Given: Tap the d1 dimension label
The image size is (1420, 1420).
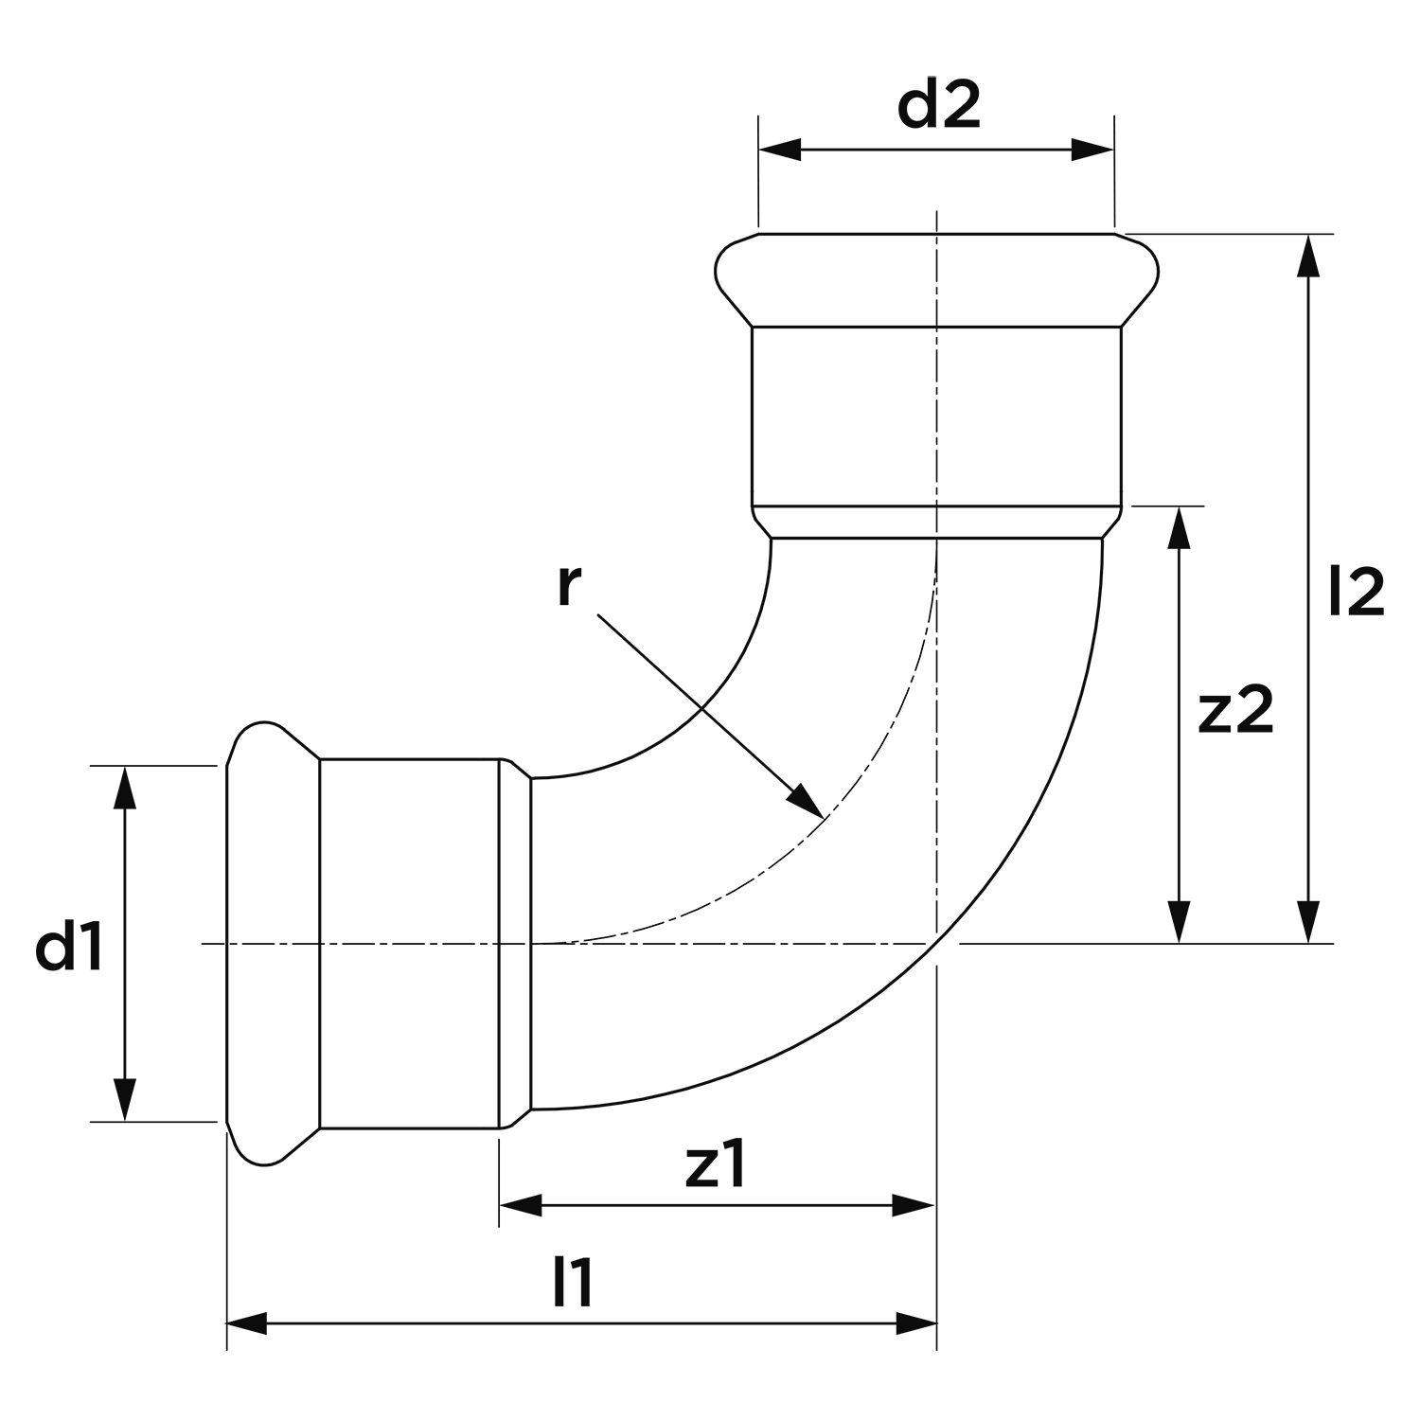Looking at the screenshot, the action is [70, 950].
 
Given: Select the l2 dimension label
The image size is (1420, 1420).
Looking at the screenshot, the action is [1357, 593].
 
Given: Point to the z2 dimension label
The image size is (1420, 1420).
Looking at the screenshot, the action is [1235, 712].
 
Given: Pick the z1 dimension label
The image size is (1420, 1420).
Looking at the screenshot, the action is [717, 1167].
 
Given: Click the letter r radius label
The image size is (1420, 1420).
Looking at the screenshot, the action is [567, 587].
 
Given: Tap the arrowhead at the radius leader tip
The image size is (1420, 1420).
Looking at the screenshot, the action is [808, 800].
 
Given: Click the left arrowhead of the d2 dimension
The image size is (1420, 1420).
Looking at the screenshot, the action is [779, 150].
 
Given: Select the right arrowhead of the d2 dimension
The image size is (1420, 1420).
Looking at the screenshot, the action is [1093, 150].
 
